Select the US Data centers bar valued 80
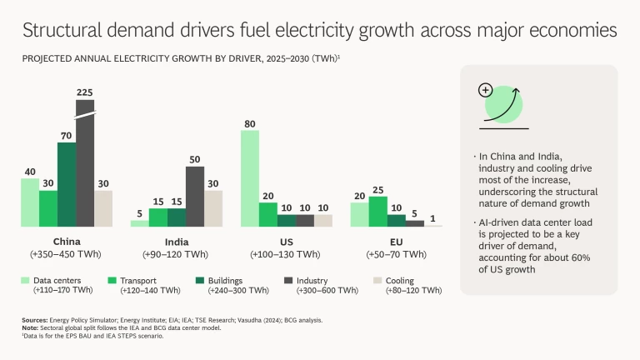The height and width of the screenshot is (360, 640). (x=250, y=178)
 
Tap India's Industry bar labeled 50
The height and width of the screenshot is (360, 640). (x=195, y=197)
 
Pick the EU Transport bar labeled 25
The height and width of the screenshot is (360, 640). (x=377, y=211)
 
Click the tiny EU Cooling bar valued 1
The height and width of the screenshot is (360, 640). (x=433, y=226)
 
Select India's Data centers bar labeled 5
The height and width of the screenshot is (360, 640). (x=140, y=222)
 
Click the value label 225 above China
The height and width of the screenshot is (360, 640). (x=85, y=92)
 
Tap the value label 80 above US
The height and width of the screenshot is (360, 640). (x=250, y=122)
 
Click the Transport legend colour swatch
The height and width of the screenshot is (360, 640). (x=112, y=281)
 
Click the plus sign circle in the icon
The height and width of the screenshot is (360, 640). (x=485, y=90)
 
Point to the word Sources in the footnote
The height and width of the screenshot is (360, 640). (x=35, y=320)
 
